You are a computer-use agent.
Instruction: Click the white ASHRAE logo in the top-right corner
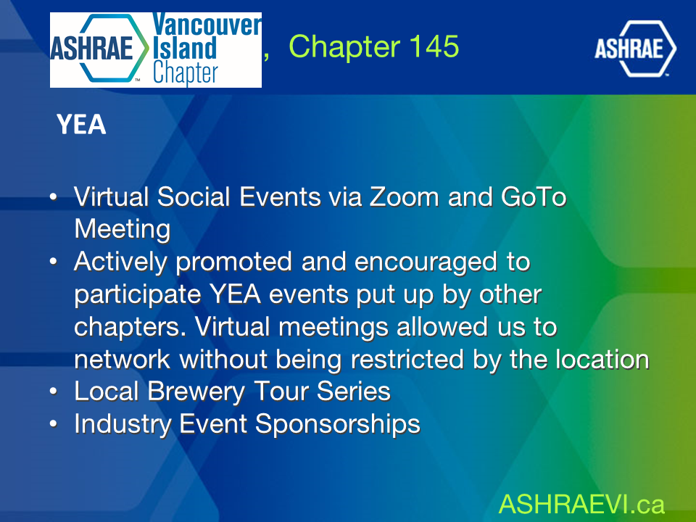pyautogui.click(x=635, y=49)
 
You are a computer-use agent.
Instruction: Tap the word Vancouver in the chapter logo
pyautogui.click(x=207, y=25)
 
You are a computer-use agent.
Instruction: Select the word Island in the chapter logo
pyautogui.click(x=185, y=49)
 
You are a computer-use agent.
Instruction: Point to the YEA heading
pyautogui.click(x=81, y=124)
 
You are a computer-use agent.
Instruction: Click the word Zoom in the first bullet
pyautogui.click(x=404, y=196)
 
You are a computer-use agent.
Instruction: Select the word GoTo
pyautogui.click(x=534, y=196)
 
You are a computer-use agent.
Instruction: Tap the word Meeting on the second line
pyautogui.click(x=123, y=230)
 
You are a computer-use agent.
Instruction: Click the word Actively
pyautogui.click(x=120, y=262)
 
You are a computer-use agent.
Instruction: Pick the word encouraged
pyautogui.click(x=426, y=262)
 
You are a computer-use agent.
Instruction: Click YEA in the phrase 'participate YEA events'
pyautogui.click(x=235, y=294)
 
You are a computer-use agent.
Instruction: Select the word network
pyautogui.click(x=122, y=359)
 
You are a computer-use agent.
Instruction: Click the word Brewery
pyautogui.click(x=196, y=392)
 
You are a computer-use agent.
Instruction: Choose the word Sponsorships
pyautogui.click(x=338, y=424)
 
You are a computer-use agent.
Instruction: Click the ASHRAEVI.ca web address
pyautogui.click(x=582, y=505)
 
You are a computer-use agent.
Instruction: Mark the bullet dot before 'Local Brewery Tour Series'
pyautogui.click(x=53, y=391)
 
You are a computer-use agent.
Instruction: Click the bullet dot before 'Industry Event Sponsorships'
pyautogui.click(x=53, y=424)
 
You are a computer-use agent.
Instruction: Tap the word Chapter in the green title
pyautogui.click(x=344, y=47)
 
